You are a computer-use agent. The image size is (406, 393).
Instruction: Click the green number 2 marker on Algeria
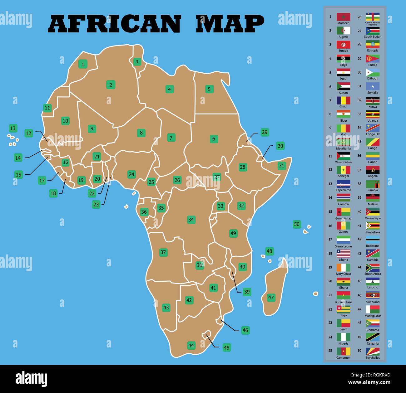tap(111, 85)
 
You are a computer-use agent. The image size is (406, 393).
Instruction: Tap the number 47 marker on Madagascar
tap(271, 298)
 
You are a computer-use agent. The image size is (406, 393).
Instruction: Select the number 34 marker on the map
tap(191, 220)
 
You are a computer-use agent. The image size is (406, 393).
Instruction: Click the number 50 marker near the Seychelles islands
tap(297, 224)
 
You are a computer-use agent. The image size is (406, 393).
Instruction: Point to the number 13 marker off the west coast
tap(13, 128)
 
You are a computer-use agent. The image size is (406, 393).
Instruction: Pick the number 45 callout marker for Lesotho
tap(226, 347)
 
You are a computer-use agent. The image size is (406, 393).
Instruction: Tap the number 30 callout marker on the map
tap(280, 146)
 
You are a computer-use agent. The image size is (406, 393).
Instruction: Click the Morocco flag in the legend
tap(343, 17)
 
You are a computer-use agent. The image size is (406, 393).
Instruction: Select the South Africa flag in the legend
tap(373, 268)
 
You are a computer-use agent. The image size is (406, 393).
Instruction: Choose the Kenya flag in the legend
tap(373, 101)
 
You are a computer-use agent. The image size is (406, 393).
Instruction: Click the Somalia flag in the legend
tap(373, 86)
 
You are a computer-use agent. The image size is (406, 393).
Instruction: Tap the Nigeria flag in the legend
tap(343, 337)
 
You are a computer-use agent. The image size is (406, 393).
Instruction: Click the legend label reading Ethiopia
tap(373, 51)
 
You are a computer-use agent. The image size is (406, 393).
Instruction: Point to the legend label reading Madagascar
tap(373, 316)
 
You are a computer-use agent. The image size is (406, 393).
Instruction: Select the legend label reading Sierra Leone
tap(343, 246)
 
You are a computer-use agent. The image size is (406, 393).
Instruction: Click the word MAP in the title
tap(230, 24)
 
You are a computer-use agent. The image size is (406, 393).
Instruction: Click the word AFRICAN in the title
tap(115, 24)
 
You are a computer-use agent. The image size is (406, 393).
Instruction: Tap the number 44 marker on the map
tap(191, 345)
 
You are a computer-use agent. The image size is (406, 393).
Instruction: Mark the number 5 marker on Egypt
tap(209, 89)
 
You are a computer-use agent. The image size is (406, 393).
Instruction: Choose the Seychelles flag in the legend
tap(373, 351)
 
